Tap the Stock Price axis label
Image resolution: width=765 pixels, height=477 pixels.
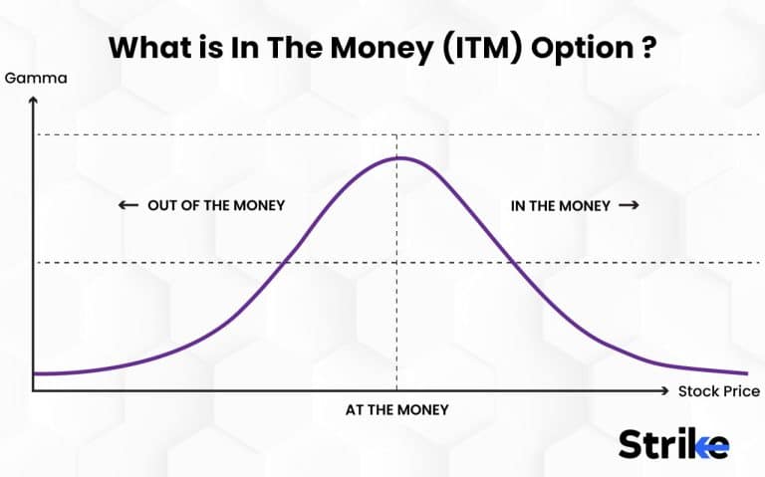pyautogui.click(x=718, y=391)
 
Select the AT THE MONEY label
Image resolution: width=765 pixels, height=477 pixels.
pyautogui.click(x=397, y=409)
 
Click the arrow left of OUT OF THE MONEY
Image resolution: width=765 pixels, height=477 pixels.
pyautogui.click(x=127, y=205)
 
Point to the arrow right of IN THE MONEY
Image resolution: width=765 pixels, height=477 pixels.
pyautogui.click(x=628, y=205)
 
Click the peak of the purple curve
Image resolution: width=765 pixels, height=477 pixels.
pyautogui.click(x=398, y=157)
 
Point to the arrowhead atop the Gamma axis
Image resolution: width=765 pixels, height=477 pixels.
pyautogui.click(x=33, y=100)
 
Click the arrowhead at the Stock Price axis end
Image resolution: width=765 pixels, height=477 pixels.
pyautogui.click(x=665, y=391)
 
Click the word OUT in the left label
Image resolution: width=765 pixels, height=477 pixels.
pyautogui.click(x=162, y=205)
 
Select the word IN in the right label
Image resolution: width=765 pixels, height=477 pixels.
pyautogui.click(x=518, y=205)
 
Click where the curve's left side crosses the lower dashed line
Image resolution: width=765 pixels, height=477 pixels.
pyautogui.click(x=285, y=263)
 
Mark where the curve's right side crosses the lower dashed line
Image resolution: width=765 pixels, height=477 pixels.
pyautogui.click(x=513, y=263)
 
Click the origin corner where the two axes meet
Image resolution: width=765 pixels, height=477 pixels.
pyautogui.click(x=33, y=391)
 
